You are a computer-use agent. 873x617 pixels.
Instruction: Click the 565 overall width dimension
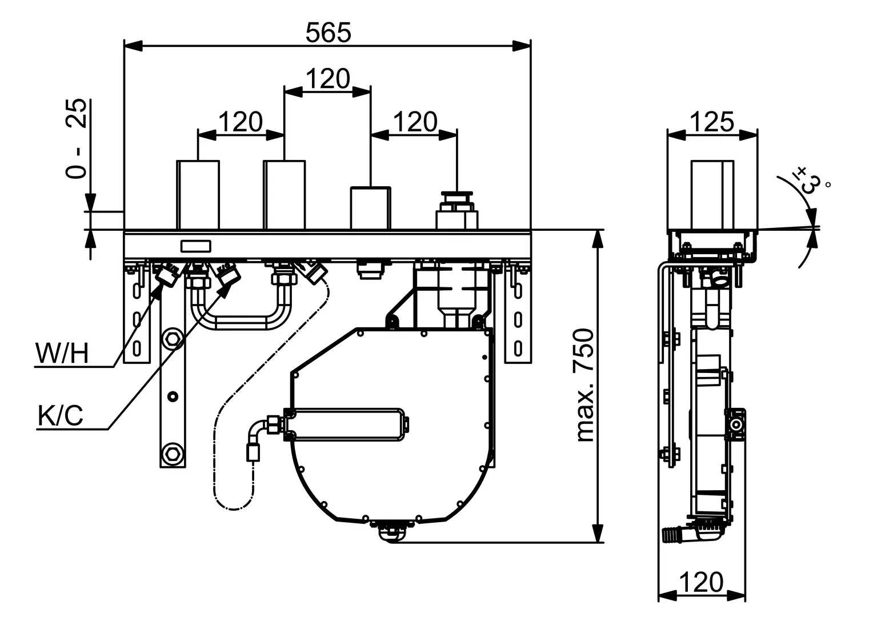click(x=328, y=33)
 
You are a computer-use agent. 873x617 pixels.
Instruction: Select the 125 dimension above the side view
click(x=712, y=122)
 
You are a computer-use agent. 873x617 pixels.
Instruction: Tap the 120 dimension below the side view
click(x=702, y=583)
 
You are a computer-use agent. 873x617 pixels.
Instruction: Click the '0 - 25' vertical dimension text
click(x=77, y=139)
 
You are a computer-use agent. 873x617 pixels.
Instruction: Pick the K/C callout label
click(x=61, y=416)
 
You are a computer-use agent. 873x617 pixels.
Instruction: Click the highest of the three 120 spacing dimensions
click(x=328, y=79)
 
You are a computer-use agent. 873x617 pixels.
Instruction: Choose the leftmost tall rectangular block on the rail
click(x=198, y=195)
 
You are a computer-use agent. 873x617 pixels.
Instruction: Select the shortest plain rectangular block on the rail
click(x=371, y=208)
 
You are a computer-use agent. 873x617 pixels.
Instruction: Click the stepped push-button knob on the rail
click(x=456, y=210)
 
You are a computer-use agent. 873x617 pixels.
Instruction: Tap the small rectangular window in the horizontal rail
click(x=196, y=246)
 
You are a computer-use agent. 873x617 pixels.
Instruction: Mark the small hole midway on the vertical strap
click(x=171, y=396)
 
